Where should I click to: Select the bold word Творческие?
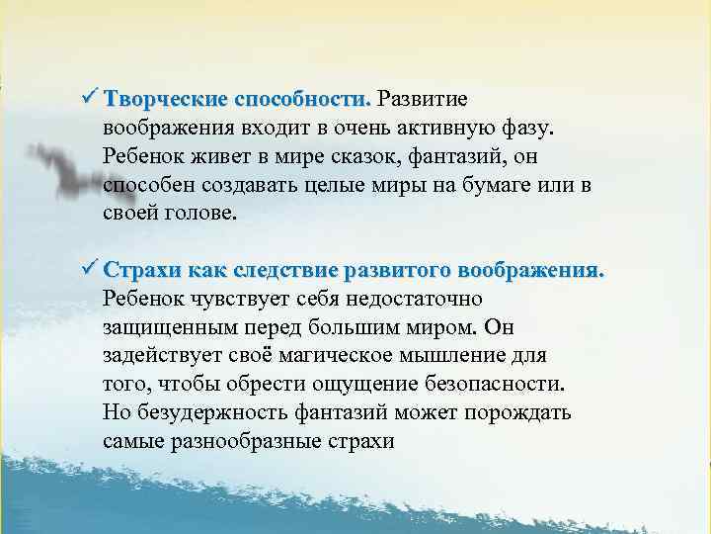164,100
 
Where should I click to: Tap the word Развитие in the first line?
424,100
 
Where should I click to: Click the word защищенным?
164,326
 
